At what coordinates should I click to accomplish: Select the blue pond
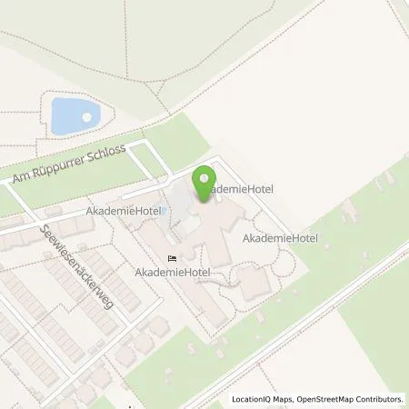coord(74,116)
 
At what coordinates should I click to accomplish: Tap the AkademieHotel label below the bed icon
coord(171,272)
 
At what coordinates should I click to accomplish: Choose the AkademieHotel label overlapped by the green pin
coord(237,189)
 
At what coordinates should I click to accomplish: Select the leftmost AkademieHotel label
coord(124,211)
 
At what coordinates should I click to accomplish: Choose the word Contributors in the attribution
coord(380,399)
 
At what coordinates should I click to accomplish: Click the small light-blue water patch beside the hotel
coord(178,218)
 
